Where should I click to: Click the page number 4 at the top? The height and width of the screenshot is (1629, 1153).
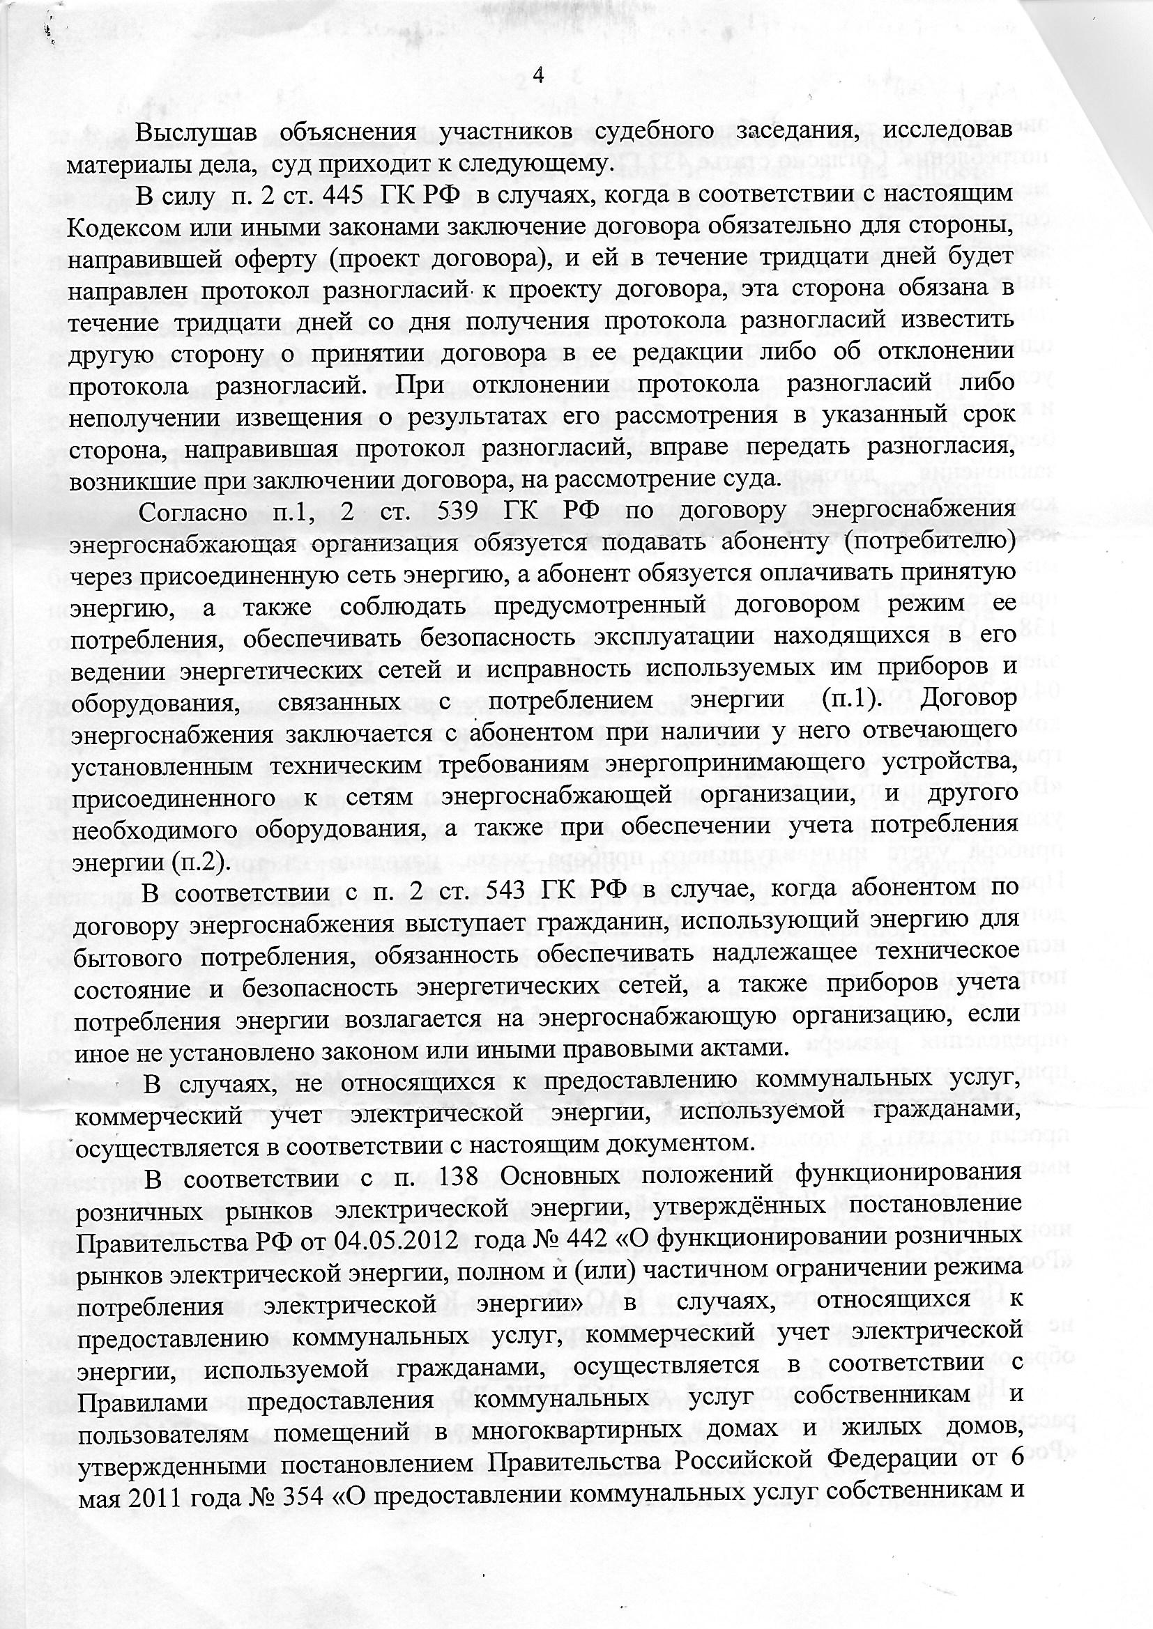[x=537, y=75]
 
